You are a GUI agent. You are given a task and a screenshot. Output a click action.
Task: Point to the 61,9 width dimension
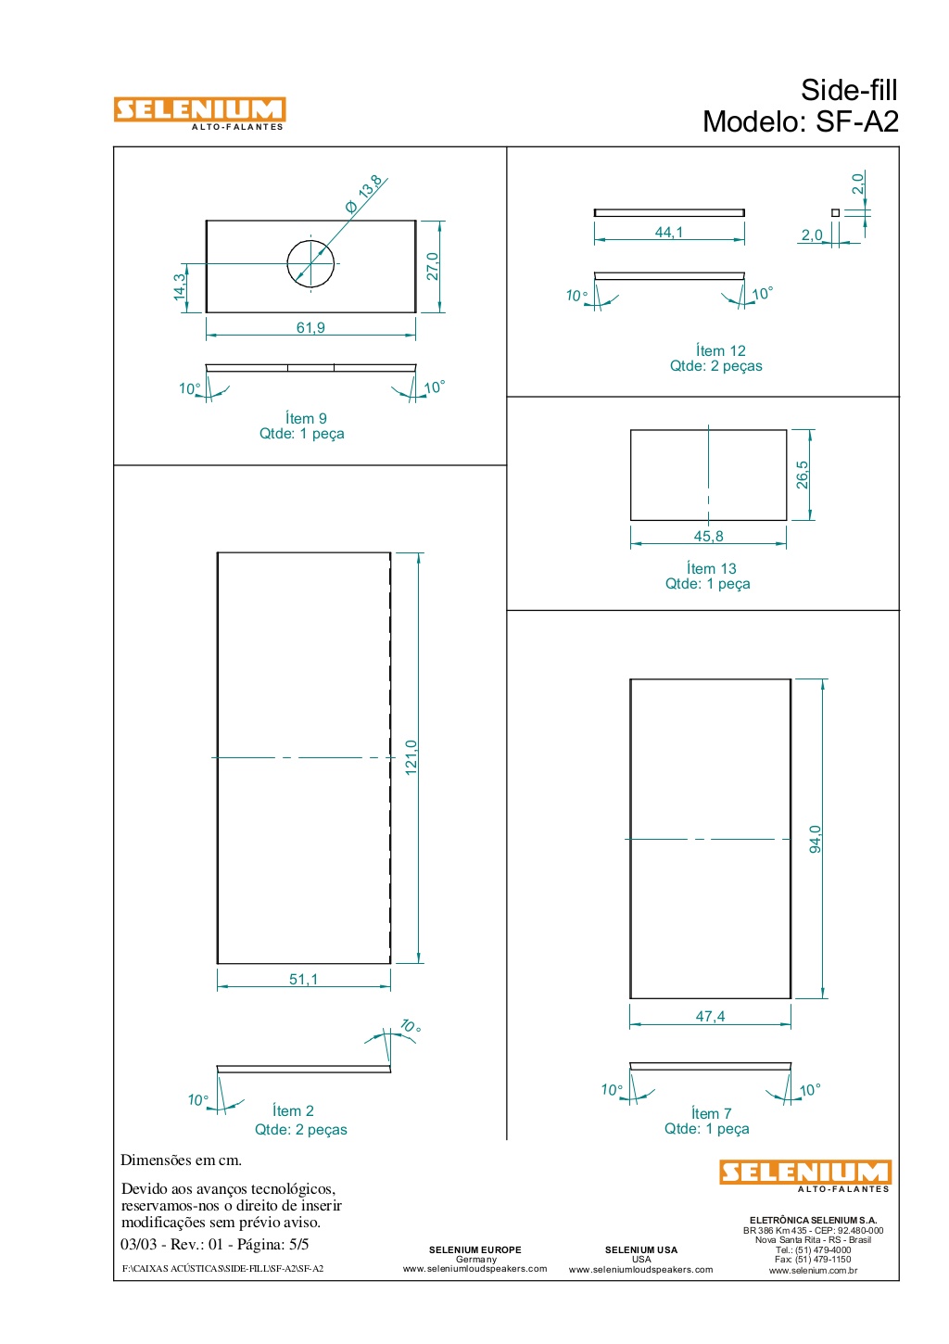pos(310,327)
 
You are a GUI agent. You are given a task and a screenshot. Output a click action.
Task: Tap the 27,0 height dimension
pos(433,266)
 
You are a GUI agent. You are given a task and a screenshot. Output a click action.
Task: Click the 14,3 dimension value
pos(180,286)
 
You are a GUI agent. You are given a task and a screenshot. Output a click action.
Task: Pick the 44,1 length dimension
pos(669,233)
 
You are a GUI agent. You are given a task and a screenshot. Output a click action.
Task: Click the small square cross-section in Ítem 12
pos(835,212)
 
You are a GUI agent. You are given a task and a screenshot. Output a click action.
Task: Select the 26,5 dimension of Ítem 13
pos(802,475)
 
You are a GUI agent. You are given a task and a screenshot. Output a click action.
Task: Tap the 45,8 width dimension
pos(708,536)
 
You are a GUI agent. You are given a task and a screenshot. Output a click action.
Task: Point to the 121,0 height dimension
pos(411,757)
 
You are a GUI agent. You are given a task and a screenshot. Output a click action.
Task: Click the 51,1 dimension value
pos(304,979)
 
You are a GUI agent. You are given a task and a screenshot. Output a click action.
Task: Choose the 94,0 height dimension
pos(816,839)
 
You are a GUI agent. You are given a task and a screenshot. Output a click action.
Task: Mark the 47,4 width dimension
pos(710,1017)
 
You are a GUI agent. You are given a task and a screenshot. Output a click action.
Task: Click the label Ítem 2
pos(293,1110)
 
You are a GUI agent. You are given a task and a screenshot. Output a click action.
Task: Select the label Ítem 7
pos(712,1113)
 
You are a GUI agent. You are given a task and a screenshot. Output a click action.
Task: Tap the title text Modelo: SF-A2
pos(800,121)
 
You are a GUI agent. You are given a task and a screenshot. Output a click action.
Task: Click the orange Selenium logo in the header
pos(200,113)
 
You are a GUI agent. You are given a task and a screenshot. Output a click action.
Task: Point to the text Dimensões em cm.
pos(181,1160)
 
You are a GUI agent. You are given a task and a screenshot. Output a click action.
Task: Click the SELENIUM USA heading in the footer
pos(640,1249)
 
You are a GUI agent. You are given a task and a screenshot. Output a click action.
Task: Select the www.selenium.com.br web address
pos(813,1270)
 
